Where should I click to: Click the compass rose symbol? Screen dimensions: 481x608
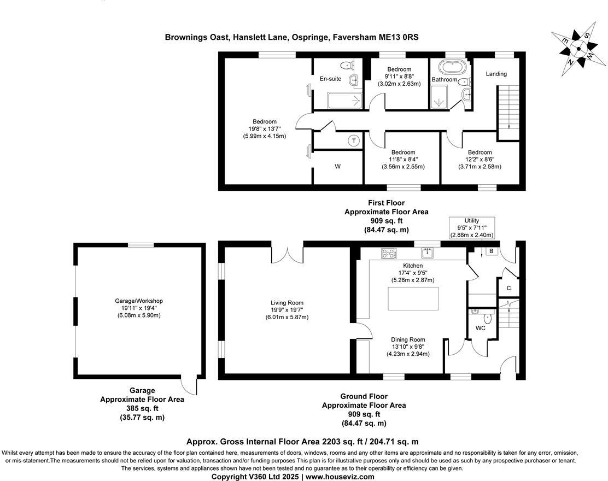[x=578, y=50]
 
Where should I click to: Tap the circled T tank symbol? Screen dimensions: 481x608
[x=354, y=141]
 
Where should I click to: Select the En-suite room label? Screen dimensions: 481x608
[x=330, y=79]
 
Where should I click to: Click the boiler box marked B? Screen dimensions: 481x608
[x=491, y=251]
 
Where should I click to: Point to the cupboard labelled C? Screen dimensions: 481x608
[x=508, y=288]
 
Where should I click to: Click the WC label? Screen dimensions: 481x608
[x=480, y=329]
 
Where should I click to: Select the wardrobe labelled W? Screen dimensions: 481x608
[x=337, y=167]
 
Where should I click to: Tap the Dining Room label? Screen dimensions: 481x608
[x=408, y=339]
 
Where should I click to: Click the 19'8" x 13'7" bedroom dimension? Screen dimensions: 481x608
[x=264, y=129]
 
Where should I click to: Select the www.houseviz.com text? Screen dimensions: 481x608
[x=340, y=477]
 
